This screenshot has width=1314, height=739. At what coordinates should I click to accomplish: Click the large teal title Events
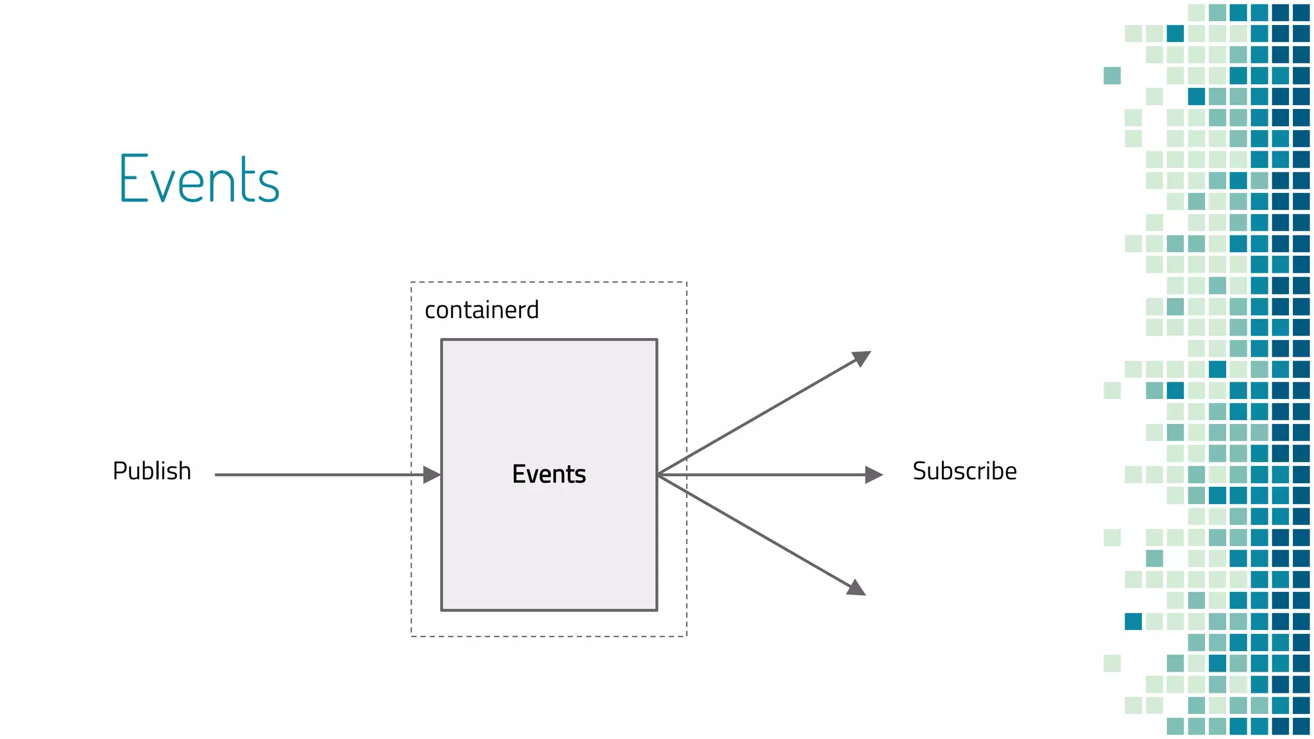(199, 180)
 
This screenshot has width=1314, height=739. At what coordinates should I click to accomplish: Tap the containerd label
(481, 310)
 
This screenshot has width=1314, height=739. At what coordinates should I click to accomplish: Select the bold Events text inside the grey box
(549, 474)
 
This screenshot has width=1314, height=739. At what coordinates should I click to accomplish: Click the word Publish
(151, 471)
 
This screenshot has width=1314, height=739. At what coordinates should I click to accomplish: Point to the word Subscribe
(964, 471)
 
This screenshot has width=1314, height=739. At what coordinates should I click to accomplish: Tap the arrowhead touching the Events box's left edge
(432, 475)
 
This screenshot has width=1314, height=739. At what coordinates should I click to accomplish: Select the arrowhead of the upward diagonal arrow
(862, 357)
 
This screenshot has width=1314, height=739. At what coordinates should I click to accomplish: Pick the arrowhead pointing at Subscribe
(874, 475)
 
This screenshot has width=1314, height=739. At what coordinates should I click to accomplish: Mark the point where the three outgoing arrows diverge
(659, 475)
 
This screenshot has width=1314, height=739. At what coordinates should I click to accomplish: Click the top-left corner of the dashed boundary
(411, 282)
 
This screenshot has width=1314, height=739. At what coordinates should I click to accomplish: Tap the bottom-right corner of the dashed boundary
(687, 636)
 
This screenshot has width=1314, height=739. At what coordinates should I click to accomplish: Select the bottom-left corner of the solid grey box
(441, 610)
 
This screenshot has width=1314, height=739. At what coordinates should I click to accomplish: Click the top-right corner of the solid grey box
(657, 339)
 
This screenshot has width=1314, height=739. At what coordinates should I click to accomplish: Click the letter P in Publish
(119, 471)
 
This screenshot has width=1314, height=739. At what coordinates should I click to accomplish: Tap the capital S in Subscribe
(919, 471)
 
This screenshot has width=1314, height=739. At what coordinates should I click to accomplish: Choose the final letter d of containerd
(533, 310)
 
